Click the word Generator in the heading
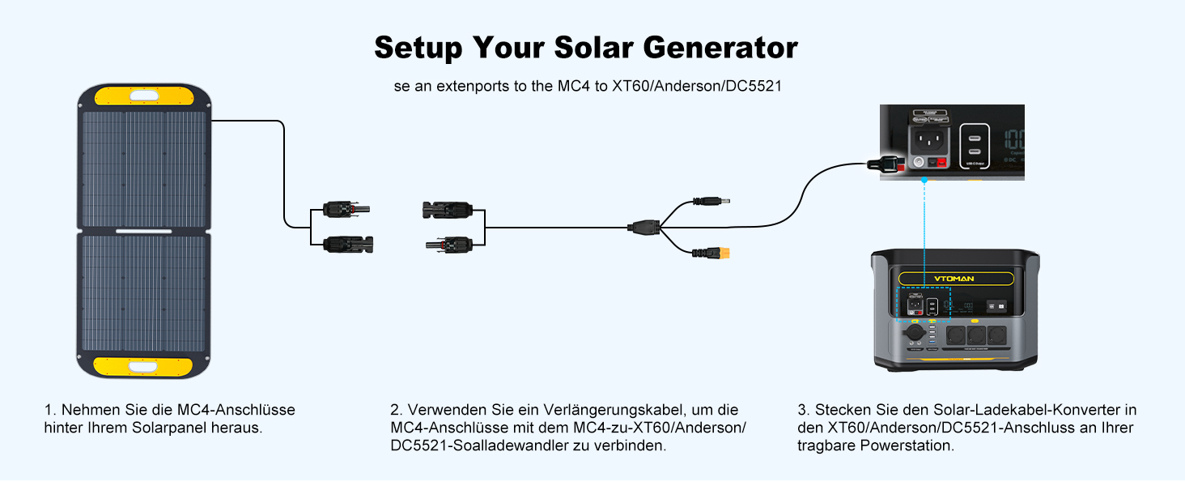click(x=720, y=48)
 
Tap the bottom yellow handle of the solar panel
click(x=143, y=366)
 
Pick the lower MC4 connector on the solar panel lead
click(x=348, y=242)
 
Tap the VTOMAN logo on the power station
click(x=956, y=279)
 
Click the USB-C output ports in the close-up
click(x=972, y=146)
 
